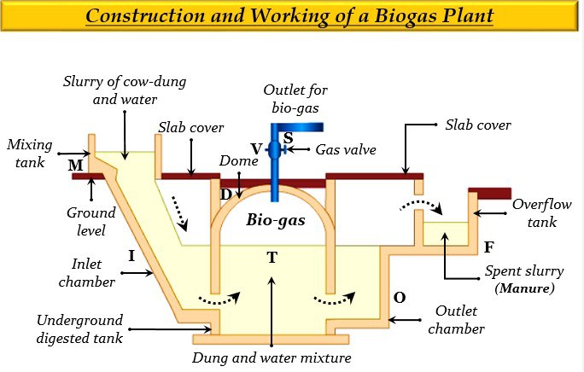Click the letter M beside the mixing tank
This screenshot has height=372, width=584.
click(76, 165)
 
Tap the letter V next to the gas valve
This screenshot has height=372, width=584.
click(256, 148)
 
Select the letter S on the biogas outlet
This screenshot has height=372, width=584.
click(288, 138)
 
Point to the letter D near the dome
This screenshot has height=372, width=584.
click(225, 195)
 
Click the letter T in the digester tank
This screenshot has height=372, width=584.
click(272, 257)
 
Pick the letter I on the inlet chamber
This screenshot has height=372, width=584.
click(131, 255)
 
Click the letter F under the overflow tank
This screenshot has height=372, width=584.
click(488, 247)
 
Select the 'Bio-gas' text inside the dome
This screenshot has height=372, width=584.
click(272, 219)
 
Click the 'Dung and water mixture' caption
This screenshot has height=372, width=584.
click(272, 357)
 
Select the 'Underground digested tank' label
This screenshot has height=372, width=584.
click(79, 328)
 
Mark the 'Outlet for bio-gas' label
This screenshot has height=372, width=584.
click(295, 97)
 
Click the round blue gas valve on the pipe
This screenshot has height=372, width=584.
click(273, 151)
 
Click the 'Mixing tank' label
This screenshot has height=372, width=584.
click(28, 150)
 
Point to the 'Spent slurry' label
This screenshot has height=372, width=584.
click(524, 271)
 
